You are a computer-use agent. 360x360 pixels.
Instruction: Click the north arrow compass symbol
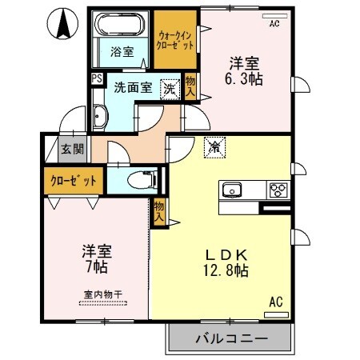pyautogui.click(x=62, y=23)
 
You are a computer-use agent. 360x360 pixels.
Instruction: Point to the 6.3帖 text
pyautogui.click(x=246, y=79)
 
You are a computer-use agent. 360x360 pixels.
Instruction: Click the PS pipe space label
pyautogui.click(x=96, y=78)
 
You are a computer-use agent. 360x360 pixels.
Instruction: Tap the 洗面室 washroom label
pyautogui.click(x=134, y=88)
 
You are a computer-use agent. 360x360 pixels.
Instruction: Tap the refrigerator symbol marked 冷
pyautogui.click(x=214, y=146)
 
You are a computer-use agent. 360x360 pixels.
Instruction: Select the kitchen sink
pyautogui.click(x=233, y=190)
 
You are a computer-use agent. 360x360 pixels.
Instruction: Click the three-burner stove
pyautogui.click(x=278, y=190)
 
